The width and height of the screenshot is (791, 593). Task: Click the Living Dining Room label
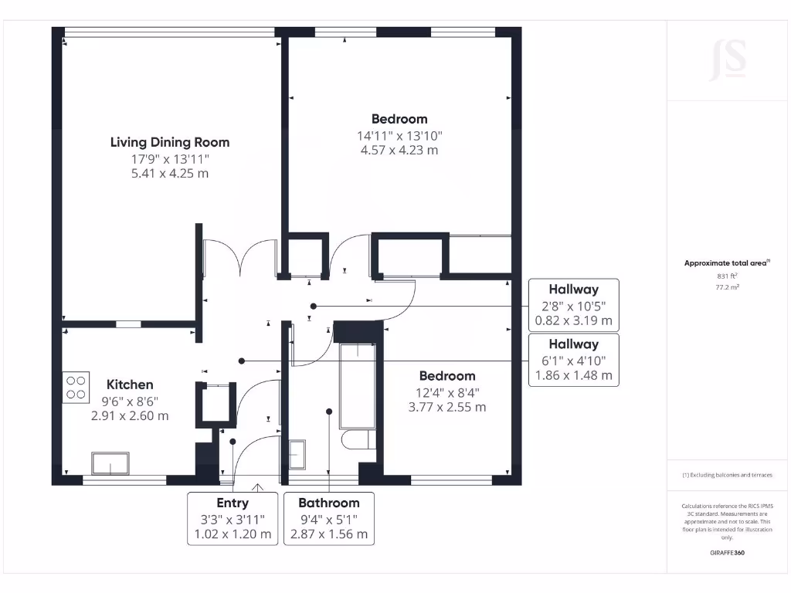pyautogui.click(x=169, y=142)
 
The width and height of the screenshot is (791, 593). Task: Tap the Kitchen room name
pyautogui.click(x=130, y=385)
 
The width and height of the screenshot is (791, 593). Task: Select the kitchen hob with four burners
pyautogui.click(x=76, y=386)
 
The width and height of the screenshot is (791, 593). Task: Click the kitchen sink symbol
pyautogui.click(x=109, y=463)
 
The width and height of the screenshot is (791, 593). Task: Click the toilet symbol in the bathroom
pyautogui.click(x=360, y=441)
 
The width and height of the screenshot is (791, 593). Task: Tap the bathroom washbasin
pyautogui.click(x=297, y=453)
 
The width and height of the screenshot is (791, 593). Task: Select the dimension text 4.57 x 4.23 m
pyautogui.click(x=399, y=150)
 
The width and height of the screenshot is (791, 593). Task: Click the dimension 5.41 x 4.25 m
pyautogui.click(x=169, y=174)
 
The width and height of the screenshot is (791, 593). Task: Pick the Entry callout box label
pyautogui.click(x=233, y=503)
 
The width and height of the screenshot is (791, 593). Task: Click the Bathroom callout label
pyautogui.click(x=329, y=503)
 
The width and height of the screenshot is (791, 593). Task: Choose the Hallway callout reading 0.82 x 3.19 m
pyautogui.click(x=573, y=320)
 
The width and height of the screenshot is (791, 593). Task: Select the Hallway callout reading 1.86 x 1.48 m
pyautogui.click(x=573, y=375)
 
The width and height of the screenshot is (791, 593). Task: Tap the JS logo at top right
pyautogui.click(x=728, y=60)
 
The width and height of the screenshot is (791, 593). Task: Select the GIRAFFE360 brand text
pyautogui.click(x=727, y=553)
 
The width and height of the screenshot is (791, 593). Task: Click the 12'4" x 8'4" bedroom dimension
pyautogui.click(x=447, y=391)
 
